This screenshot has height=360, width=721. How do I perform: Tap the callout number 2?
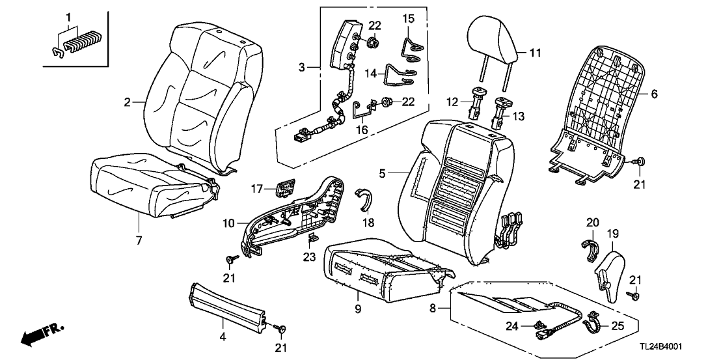click(x=128, y=102)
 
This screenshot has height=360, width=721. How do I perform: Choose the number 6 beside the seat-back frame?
click(x=654, y=94)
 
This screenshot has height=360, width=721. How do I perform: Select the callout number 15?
click(x=407, y=19)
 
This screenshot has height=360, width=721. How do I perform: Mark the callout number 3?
click(x=301, y=67)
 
